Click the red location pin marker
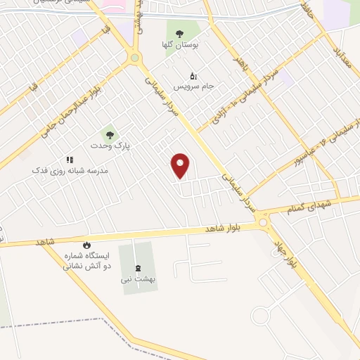click(x=181, y=165)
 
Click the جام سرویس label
click(x=192, y=87)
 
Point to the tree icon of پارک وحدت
click(x=108, y=134)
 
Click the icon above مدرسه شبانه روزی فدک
click(x=69, y=160)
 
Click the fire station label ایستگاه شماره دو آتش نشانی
click(x=87, y=261)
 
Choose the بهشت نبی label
click(x=137, y=279)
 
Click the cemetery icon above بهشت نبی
click(x=137, y=266)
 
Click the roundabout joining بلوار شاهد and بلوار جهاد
click(x=264, y=223)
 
